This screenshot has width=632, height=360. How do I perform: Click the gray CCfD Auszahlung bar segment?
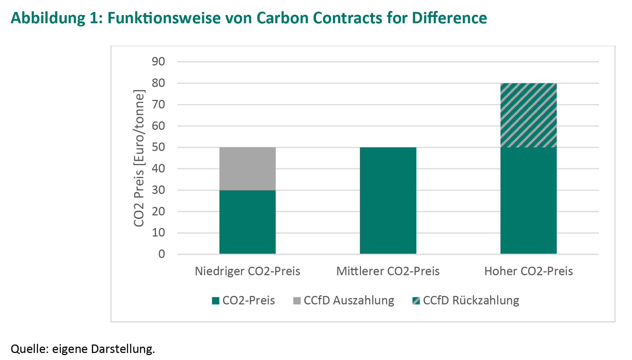pos(247,169)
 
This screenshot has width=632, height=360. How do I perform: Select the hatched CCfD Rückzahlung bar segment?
pos(528,115)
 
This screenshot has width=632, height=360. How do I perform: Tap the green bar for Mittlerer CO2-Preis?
pos(388,201)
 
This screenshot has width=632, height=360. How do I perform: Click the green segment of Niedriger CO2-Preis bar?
pos(247,222)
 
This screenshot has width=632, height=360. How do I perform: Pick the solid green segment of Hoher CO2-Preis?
pos(528,201)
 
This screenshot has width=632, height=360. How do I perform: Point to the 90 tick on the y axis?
pos(158,62)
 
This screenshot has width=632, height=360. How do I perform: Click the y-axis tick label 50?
pos(158,147)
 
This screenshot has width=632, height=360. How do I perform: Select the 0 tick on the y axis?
pos(162,254)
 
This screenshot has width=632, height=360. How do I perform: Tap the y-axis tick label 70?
pos(158,105)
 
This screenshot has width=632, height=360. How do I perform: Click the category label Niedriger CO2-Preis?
pos(247,271)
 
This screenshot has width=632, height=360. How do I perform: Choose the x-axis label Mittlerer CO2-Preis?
pos(388,271)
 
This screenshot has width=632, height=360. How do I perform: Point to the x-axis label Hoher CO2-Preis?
pos(529,271)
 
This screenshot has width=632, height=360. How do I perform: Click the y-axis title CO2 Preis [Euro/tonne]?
pos(139,158)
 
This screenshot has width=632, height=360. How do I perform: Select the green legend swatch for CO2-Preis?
pos(216,301)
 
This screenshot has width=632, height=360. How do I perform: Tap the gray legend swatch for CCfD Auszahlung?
pos(297,301)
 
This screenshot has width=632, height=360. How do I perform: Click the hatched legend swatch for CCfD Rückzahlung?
pos(416,301)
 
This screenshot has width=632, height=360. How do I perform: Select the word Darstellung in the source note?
pos(123,349)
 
